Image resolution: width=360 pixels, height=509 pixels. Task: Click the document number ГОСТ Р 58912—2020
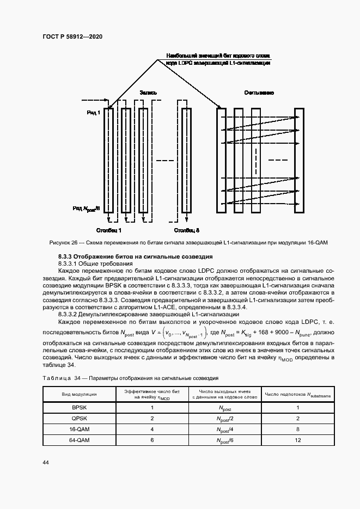click(x=72, y=36)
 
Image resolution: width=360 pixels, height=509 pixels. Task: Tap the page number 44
click(x=46, y=462)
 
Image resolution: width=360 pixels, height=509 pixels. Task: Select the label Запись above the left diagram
click(x=148, y=93)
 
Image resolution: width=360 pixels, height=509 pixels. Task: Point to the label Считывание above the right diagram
click(x=259, y=93)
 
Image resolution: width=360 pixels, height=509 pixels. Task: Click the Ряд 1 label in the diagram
click(x=93, y=112)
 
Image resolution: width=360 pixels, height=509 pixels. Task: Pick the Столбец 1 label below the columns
click(x=109, y=230)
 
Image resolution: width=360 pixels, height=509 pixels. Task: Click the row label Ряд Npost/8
click(x=87, y=208)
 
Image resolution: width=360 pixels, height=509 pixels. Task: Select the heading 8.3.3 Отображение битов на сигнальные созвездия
click(x=135, y=256)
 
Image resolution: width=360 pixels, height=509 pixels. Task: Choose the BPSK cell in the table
click(x=80, y=407)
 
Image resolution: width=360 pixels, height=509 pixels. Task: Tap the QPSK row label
click(x=80, y=418)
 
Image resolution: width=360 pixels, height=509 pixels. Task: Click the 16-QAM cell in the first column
click(x=80, y=429)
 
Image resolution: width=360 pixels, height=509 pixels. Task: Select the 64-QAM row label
click(x=80, y=440)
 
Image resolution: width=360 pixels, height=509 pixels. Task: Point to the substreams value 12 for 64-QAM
click(x=298, y=440)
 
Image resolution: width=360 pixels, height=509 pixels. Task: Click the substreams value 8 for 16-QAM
click(x=298, y=429)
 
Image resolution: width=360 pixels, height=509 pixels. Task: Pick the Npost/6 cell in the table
click(x=224, y=440)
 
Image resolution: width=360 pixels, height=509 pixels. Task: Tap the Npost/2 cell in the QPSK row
click(x=224, y=418)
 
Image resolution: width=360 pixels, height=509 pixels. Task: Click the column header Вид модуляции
click(x=80, y=394)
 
